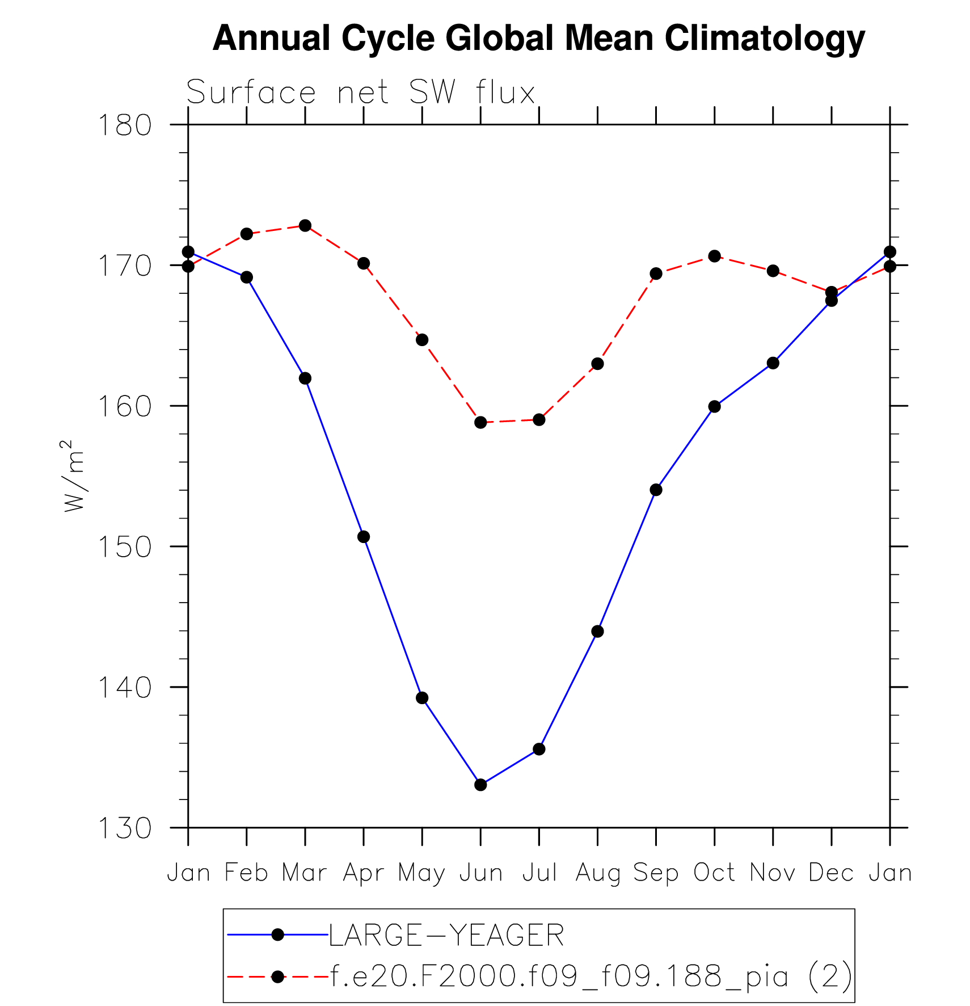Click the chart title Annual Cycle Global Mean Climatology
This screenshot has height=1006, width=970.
pyautogui.click(x=538, y=39)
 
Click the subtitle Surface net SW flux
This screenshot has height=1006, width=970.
pyautogui.click(x=360, y=92)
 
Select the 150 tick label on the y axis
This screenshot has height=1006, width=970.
pyautogui.click(x=125, y=547)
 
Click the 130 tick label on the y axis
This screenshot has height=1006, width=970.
pyautogui.click(x=125, y=828)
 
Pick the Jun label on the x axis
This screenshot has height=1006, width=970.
pyautogui.click(x=480, y=873)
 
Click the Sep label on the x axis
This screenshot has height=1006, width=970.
pyautogui.click(x=656, y=873)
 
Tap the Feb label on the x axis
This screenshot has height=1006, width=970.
pyautogui.click(x=246, y=873)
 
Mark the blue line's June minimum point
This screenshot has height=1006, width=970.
pyautogui.click(x=480, y=785)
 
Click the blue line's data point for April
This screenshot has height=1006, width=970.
pyautogui.click(x=364, y=537)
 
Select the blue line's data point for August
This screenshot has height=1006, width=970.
pyautogui.click(x=597, y=632)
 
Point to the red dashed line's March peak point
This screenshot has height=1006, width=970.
pyautogui.click(x=305, y=225)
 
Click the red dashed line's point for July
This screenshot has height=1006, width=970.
pyautogui.click(x=539, y=420)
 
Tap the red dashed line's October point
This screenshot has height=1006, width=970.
pyautogui.click(x=714, y=256)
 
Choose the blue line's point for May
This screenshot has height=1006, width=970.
pyautogui.click(x=422, y=698)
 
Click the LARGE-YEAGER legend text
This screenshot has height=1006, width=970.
pyautogui.click(x=446, y=935)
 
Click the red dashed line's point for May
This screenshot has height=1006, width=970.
pyautogui.click(x=422, y=340)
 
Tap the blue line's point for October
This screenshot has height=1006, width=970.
pyautogui.click(x=714, y=406)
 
